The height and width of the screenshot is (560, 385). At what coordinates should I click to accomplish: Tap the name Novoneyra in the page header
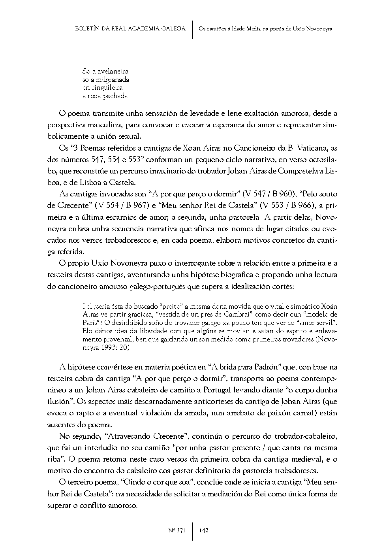pyautogui.click(x=318, y=29)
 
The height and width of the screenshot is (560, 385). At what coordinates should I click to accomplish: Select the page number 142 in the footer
pyautogui.click(x=204, y=530)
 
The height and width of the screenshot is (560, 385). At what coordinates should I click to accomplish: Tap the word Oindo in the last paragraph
pyautogui.click(x=131, y=483)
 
